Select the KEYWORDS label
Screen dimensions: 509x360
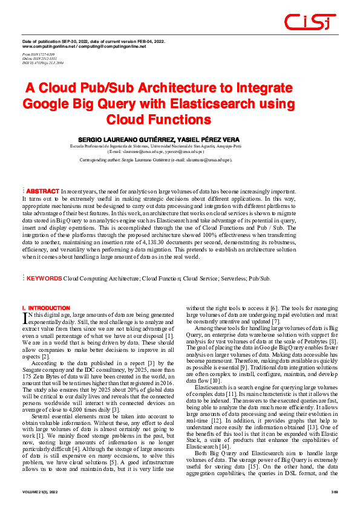44,279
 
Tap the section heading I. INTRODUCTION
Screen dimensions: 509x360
46,308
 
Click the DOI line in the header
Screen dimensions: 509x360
42,62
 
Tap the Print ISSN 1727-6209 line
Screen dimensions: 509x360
38,54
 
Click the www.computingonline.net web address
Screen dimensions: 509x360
48,46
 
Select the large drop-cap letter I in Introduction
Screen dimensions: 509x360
25,317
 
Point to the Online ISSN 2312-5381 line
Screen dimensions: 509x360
39,58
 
